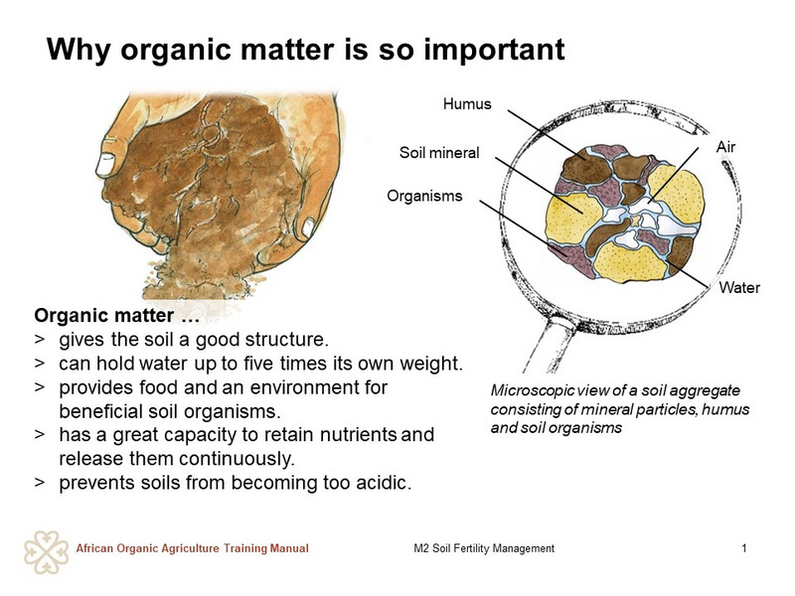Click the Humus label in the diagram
tap(467, 104)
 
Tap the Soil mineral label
tap(439, 153)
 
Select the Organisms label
tap(424, 196)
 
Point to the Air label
tap(725, 147)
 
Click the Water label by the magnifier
tap(739, 288)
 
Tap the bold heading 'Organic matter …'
tap(116, 316)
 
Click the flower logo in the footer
tap(46, 552)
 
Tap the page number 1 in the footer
tap(743, 548)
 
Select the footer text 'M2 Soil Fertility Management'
tap(484, 548)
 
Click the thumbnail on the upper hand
tap(106, 164)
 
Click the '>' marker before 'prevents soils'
tap(40, 483)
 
